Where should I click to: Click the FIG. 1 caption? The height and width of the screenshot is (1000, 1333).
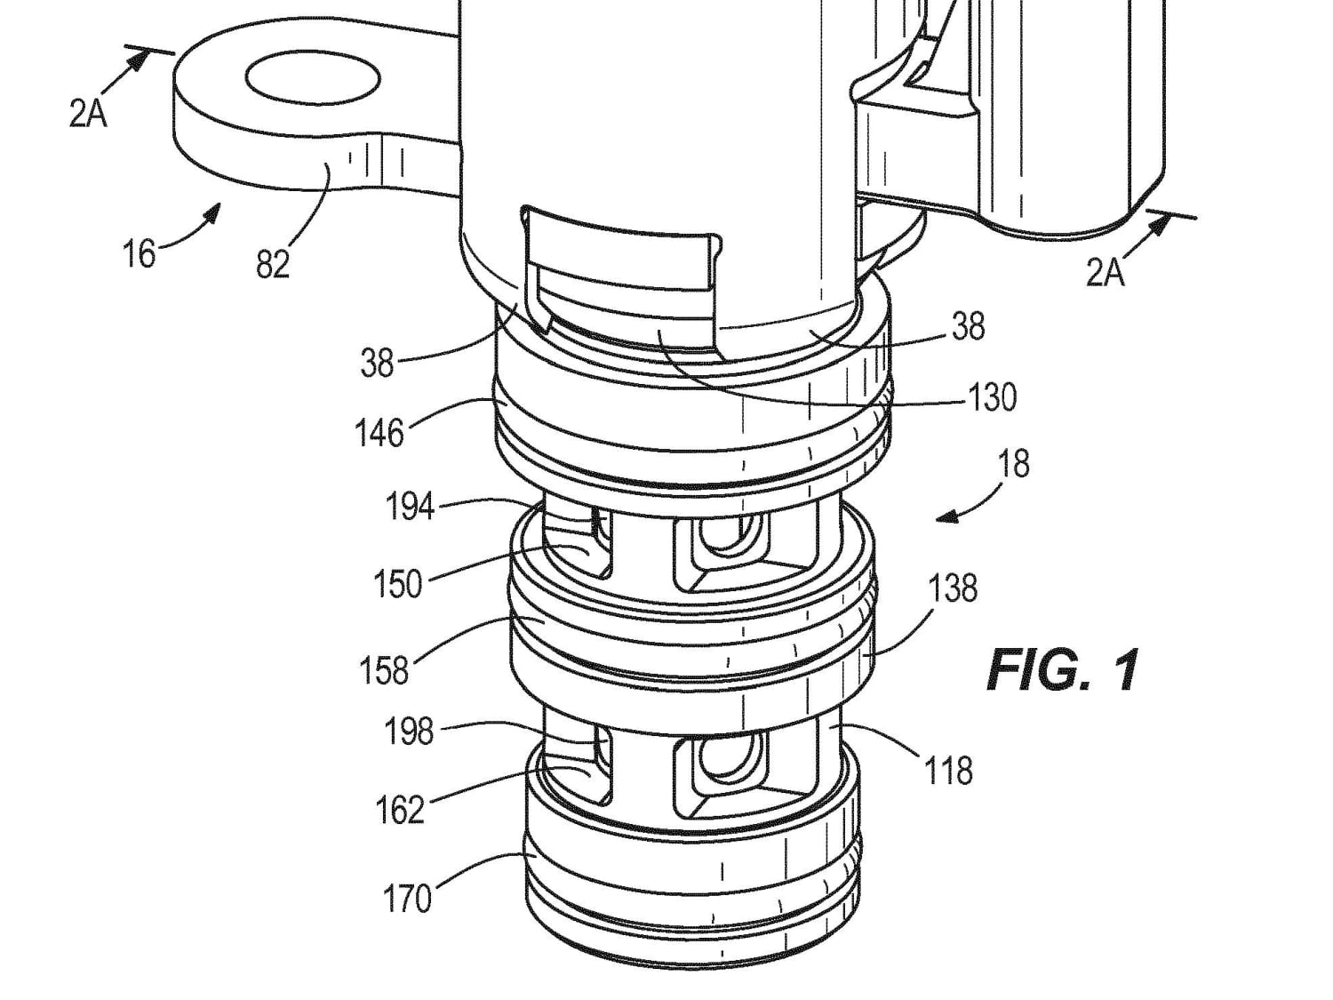pyautogui.click(x=1063, y=670)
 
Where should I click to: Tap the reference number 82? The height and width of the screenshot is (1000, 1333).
pyautogui.click(x=272, y=264)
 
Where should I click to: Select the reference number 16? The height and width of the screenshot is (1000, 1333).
pyautogui.click(x=140, y=254)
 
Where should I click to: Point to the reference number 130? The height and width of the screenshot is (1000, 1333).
pyautogui.click(x=991, y=397)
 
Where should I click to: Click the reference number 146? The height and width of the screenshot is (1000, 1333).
pyautogui.click(x=379, y=433)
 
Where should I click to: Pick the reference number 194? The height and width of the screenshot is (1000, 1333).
pyautogui.click(x=409, y=508)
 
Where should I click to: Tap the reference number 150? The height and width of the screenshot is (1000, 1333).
pyautogui.click(x=397, y=584)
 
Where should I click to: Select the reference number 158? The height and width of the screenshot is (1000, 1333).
pyautogui.click(x=384, y=669)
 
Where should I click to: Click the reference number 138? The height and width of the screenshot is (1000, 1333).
pyautogui.click(x=953, y=588)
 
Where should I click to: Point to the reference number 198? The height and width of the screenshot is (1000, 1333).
pyautogui.click(x=409, y=732)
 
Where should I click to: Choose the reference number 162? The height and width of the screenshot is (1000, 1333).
pyautogui.click(x=400, y=810)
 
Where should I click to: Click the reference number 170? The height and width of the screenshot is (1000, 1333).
pyautogui.click(x=407, y=898)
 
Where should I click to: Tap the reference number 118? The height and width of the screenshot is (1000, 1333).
pyautogui.click(x=948, y=771)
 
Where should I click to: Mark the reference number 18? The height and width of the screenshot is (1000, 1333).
pyautogui.click(x=1014, y=463)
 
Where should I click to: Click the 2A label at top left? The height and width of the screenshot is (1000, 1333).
pyautogui.click(x=88, y=114)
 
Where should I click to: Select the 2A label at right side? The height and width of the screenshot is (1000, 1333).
pyautogui.click(x=1105, y=273)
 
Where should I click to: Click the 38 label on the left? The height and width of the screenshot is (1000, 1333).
pyautogui.click(x=377, y=363)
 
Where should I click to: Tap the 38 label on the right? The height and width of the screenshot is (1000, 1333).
pyautogui.click(x=968, y=326)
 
